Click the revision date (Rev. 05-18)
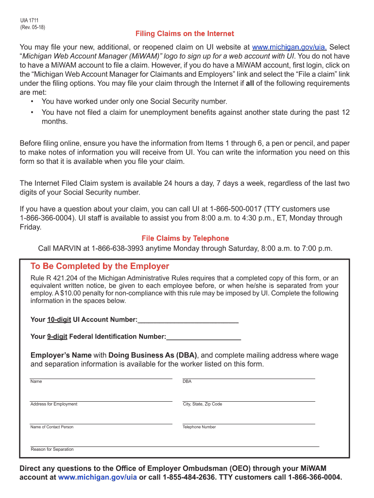tap(33, 27)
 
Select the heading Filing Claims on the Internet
tap(185, 34)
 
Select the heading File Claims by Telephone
tap(185, 238)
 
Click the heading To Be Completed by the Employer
tap(100, 267)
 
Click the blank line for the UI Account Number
tap(188, 321)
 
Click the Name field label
tap(36, 381)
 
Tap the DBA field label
tap(187, 381)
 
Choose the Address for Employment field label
tap(53, 404)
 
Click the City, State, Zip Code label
tap(202, 404)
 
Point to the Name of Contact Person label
tap(51, 427)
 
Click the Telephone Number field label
tap(199, 427)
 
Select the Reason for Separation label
tap(52, 449)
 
